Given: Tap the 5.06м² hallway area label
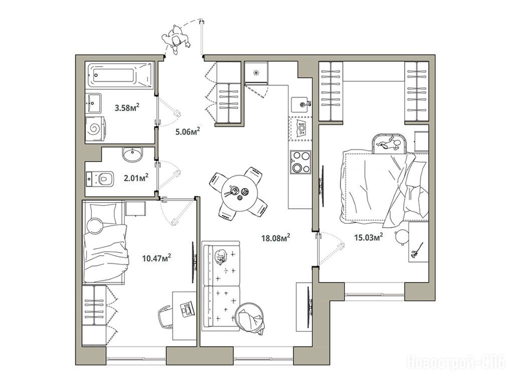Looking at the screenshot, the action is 188,131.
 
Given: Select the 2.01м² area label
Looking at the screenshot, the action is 136,177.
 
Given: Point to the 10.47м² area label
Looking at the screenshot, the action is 157,258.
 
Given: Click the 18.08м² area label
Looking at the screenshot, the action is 276,237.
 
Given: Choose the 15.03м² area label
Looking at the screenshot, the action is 369,237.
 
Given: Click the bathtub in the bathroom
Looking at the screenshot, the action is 120,75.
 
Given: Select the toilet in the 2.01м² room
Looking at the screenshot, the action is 100,178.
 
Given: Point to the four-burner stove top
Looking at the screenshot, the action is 300,161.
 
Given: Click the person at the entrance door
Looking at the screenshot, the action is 176,40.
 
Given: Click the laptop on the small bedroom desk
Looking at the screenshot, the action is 187,309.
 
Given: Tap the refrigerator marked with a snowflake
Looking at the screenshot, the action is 257,73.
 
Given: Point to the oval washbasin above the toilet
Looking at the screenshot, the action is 132,154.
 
